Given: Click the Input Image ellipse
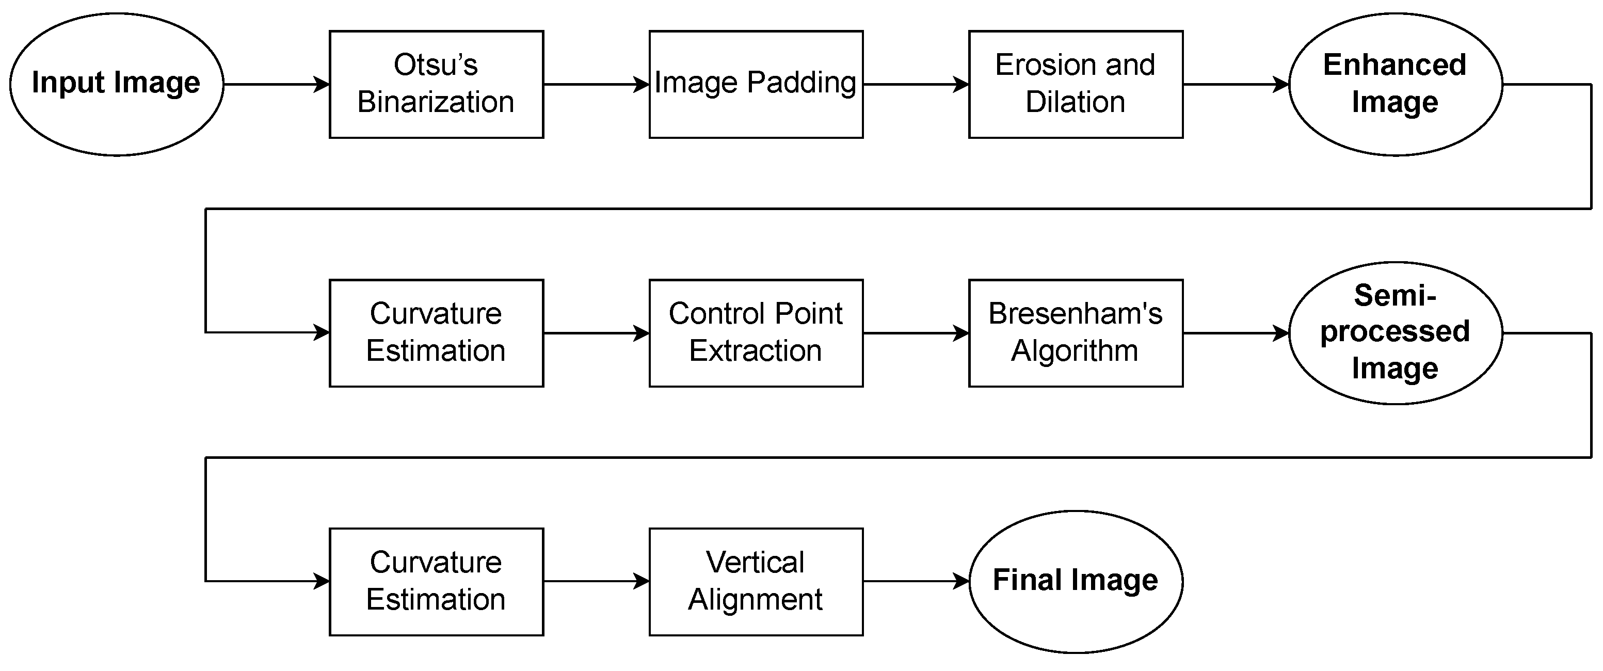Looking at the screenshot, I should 116,84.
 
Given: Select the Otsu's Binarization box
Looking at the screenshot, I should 436,84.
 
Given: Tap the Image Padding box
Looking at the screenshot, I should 756,84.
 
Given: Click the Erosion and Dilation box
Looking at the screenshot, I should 1076,84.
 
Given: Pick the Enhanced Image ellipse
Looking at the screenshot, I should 1394,84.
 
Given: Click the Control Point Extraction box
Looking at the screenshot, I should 756,333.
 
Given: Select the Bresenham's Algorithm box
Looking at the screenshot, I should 1076,333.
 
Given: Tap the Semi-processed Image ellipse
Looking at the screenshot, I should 1394,333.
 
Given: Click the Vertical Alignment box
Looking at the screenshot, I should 756,581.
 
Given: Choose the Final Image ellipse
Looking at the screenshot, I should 1076,581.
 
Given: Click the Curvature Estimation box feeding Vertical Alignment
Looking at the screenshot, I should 436,581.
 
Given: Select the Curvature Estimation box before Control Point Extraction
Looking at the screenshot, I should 436,333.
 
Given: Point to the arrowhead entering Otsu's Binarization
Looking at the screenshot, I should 323,84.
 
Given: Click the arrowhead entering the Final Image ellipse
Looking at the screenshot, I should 962,581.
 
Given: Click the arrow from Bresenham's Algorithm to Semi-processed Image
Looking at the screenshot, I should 1235,333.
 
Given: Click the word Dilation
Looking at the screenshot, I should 1076,102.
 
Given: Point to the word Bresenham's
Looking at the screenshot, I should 1076,314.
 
